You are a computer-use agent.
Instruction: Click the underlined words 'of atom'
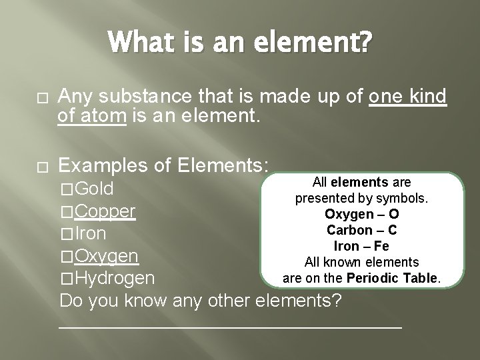tap(93, 118)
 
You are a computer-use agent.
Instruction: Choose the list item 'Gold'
tap(95, 188)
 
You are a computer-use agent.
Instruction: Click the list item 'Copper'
tap(106, 211)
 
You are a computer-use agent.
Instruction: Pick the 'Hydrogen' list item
tap(115, 277)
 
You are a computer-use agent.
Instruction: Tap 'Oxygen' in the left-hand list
tap(107, 255)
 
